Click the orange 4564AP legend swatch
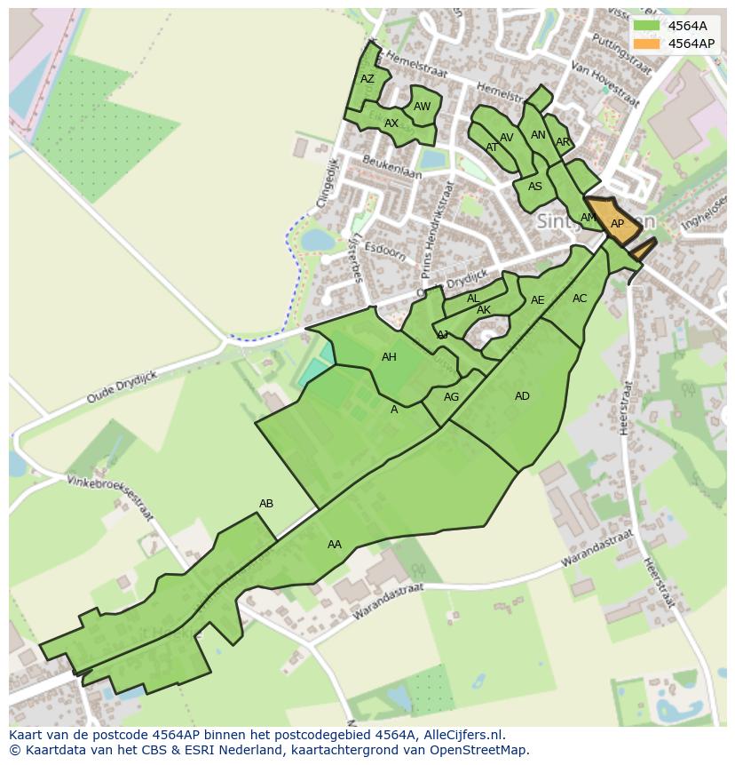[647, 44]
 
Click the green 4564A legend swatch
[647, 26]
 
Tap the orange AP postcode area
[616, 224]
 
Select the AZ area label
[367, 79]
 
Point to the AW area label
[423, 107]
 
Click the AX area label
[391, 124]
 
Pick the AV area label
[507, 138]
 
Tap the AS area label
[535, 187]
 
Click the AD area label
[522, 396]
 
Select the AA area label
[335, 545]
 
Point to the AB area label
[266, 504]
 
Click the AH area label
[389, 357]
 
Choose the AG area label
[452, 397]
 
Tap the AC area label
[580, 299]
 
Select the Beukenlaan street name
[392, 166]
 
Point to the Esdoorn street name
[385, 249]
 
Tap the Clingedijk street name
[326, 183]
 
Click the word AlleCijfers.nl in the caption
[463, 735]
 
